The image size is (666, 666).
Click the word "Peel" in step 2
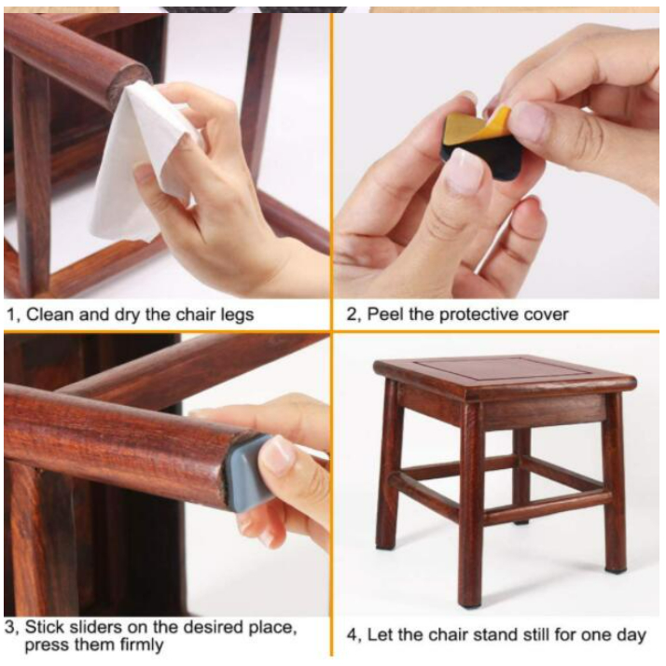(x=385, y=314)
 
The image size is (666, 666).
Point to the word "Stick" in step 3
(x=44, y=627)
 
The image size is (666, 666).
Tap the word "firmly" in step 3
(x=142, y=645)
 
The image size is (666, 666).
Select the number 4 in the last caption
(x=352, y=636)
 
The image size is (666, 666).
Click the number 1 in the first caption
(x=10, y=315)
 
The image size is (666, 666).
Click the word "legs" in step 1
(x=237, y=315)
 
